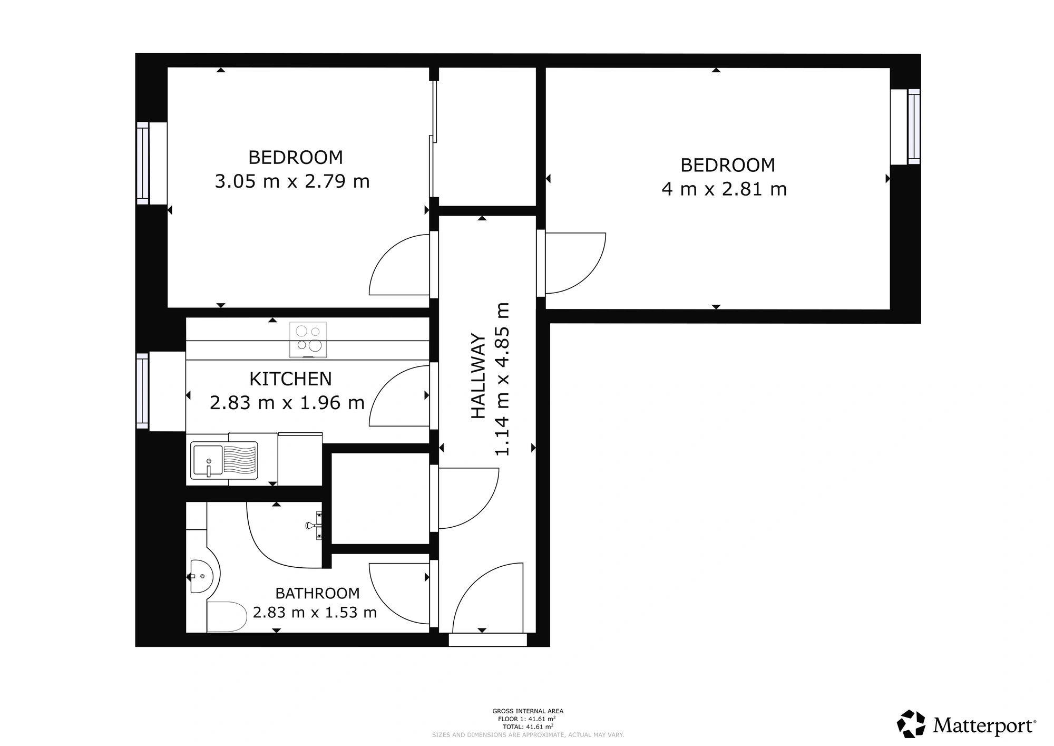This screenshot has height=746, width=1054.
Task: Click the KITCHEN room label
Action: (290, 379)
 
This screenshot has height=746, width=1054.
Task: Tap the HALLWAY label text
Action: (478, 376)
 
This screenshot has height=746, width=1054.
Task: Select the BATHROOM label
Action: (317, 594)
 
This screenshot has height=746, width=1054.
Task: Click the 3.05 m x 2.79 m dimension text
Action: (292, 181)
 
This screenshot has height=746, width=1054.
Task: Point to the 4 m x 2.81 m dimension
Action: (724, 189)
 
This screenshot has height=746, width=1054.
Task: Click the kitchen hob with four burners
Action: (308, 340)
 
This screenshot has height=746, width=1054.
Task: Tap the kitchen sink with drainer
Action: (225, 460)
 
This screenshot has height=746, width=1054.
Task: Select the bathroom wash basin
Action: (202, 577)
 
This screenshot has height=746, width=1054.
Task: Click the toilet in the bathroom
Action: (227, 616)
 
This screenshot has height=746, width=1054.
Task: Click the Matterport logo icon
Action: (911, 724)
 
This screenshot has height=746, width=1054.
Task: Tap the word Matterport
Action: (984, 726)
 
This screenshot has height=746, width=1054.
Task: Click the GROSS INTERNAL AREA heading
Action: (528, 711)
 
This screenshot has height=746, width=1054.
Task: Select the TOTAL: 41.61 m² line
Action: (528, 726)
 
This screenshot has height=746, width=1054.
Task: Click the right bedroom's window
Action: (914, 127)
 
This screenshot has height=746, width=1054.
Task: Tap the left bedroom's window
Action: (143, 163)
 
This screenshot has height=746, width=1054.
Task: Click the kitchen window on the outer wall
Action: (142, 391)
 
